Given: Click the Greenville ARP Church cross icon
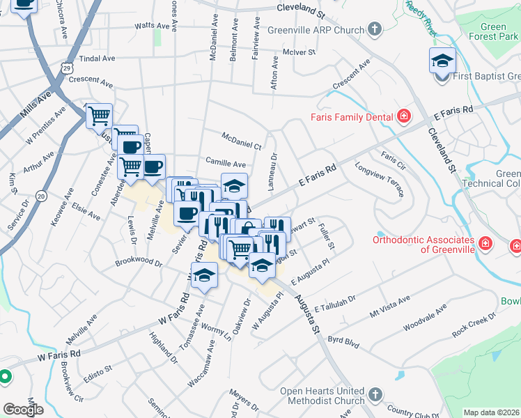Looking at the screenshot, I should [375, 30].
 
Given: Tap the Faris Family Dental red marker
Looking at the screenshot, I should [403, 116].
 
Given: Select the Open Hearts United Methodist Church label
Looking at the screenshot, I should [322, 396].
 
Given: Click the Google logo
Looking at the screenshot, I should [23, 410].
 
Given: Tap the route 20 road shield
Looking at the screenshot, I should [42, 197].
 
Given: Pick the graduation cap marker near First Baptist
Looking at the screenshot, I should [442, 61].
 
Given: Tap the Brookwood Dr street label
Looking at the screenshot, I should [139, 264].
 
